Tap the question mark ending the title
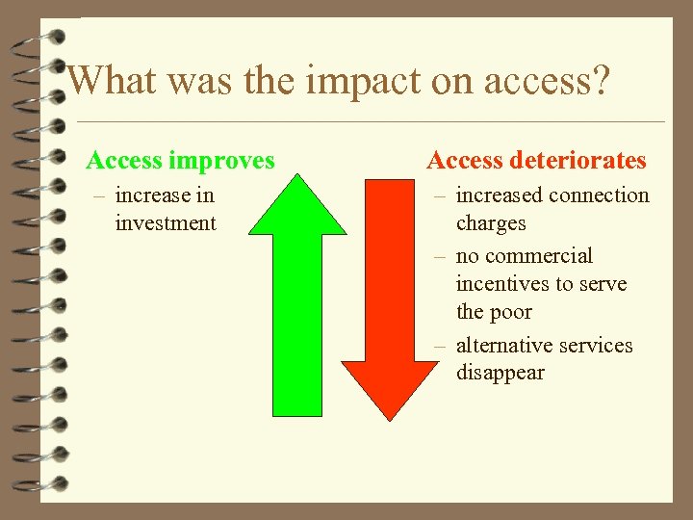pyautogui.click(x=599, y=80)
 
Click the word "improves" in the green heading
pyautogui.click(x=221, y=160)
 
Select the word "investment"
pyautogui.click(x=166, y=223)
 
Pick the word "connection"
pyautogui.click(x=601, y=195)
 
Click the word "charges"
pyautogui.click(x=491, y=223)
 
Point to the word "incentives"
pyautogui.click(x=501, y=284)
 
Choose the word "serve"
pyautogui.click(x=602, y=284)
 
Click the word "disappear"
pyautogui.click(x=500, y=373)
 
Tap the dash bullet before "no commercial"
pyautogui.click(x=440, y=257)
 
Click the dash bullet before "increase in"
pyautogui.click(x=98, y=196)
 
